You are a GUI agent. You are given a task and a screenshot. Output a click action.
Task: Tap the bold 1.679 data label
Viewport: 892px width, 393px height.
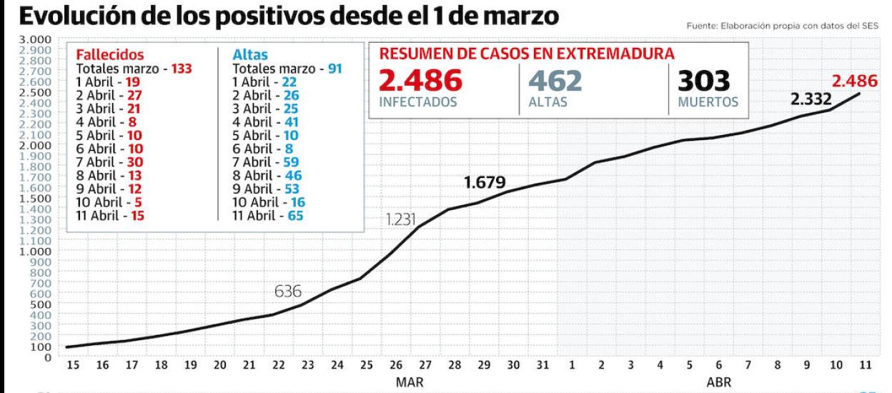(485, 183)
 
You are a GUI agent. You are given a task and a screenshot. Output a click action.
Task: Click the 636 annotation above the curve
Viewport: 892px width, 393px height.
(288, 292)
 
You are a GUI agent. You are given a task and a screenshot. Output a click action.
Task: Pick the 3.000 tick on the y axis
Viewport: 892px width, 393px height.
(38, 39)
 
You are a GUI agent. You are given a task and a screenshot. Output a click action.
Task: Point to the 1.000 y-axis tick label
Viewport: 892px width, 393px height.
(38, 251)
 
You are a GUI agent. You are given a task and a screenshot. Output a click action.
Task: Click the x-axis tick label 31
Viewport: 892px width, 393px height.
(543, 366)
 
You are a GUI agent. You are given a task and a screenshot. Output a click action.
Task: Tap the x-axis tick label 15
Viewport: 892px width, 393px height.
(73, 366)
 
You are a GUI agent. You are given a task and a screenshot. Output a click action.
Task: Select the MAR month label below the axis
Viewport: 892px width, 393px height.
(409, 382)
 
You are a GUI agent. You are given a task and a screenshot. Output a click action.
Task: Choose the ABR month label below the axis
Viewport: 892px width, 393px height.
(718, 382)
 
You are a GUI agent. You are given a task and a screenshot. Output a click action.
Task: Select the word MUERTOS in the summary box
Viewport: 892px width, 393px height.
(708, 102)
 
